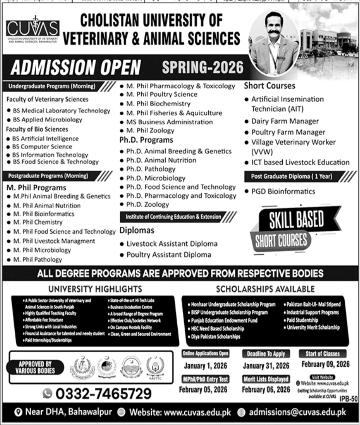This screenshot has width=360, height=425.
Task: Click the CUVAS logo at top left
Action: (x=32, y=29)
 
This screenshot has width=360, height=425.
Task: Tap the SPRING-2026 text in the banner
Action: (x=203, y=68)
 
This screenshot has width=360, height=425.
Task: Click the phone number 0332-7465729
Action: (x=104, y=393)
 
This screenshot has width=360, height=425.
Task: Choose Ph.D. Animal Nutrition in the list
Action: (x=161, y=160)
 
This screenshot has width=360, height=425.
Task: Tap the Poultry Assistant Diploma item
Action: (x=169, y=255)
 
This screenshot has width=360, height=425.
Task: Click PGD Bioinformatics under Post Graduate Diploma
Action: (x=283, y=191)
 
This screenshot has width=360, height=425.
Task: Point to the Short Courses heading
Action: (x=269, y=86)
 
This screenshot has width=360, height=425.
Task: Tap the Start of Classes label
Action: (x=322, y=354)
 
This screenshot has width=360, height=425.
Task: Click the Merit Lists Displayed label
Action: (x=266, y=379)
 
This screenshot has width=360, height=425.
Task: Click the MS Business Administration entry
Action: (x=169, y=122)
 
